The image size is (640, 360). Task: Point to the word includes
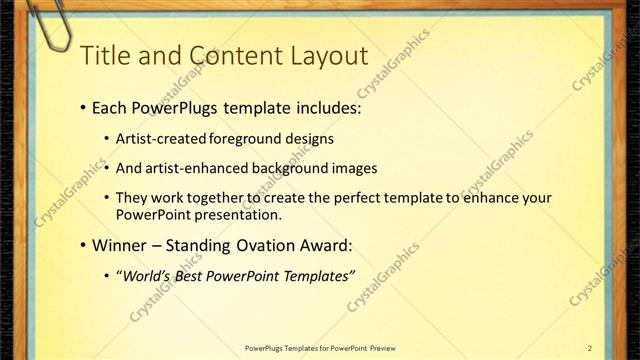tap(324, 108)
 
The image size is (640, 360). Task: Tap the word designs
tap(309, 139)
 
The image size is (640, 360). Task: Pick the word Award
tap(326, 245)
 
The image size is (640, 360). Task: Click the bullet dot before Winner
tap(80, 246)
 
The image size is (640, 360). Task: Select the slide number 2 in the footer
tap(590, 347)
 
